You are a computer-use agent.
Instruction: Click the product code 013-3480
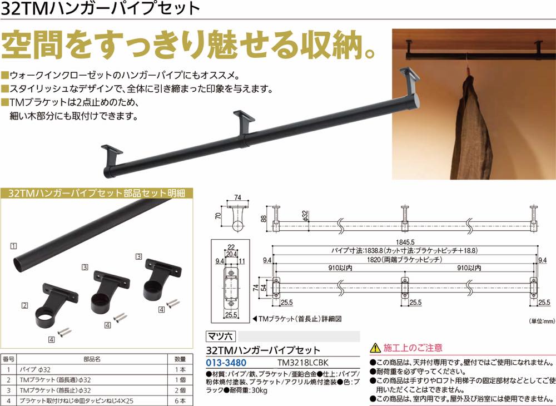(226, 363)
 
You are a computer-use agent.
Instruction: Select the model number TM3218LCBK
(303, 363)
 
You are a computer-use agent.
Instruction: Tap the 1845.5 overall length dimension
(406, 242)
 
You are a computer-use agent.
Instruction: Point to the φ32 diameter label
(306, 215)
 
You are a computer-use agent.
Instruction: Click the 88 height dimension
(264, 219)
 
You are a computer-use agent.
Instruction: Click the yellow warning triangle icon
(375, 348)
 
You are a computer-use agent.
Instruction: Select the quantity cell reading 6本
(180, 400)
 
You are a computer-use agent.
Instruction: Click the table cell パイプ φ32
(35, 369)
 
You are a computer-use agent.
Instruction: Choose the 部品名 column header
(92, 359)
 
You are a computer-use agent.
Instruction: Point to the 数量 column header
(180, 359)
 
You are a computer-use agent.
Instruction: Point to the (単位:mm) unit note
(542, 321)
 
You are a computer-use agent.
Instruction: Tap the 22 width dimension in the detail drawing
(231, 247)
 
